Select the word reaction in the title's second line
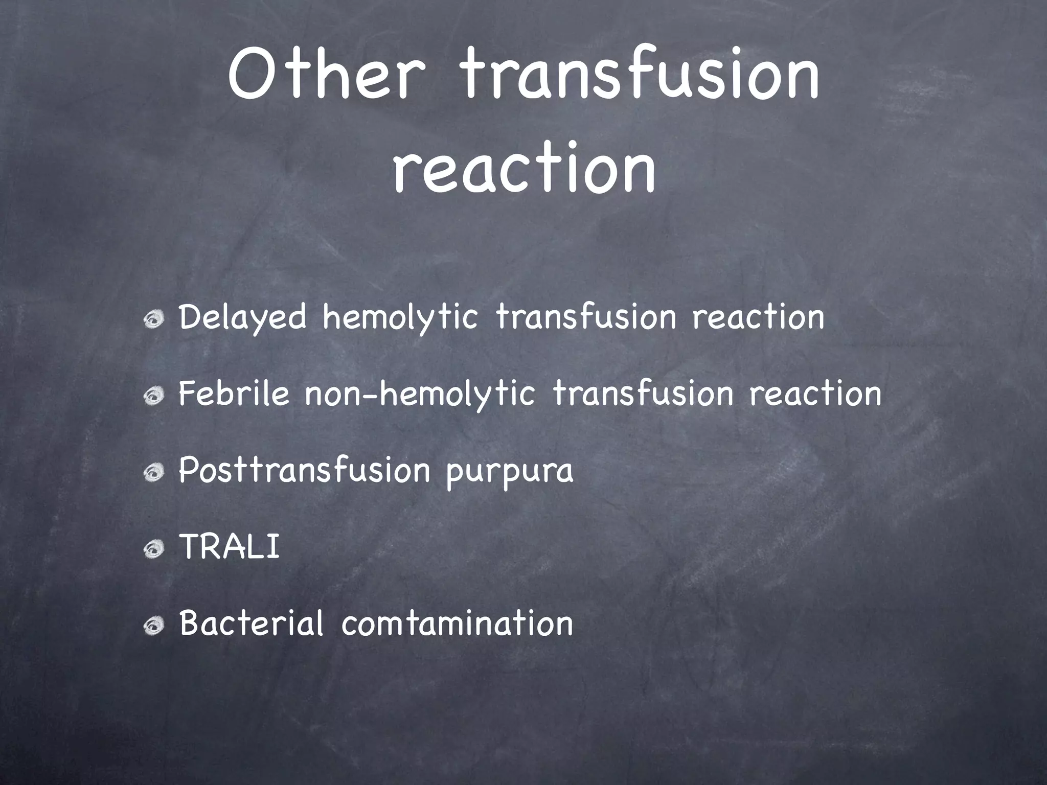523,169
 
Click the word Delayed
243,318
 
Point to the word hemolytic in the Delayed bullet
400,318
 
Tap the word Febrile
234,394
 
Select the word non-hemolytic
420,394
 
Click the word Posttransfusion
304,471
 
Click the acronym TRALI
230,547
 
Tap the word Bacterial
251,624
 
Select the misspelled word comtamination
457,624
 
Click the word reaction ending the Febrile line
815,394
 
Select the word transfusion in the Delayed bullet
586,318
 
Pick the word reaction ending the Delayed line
758,318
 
